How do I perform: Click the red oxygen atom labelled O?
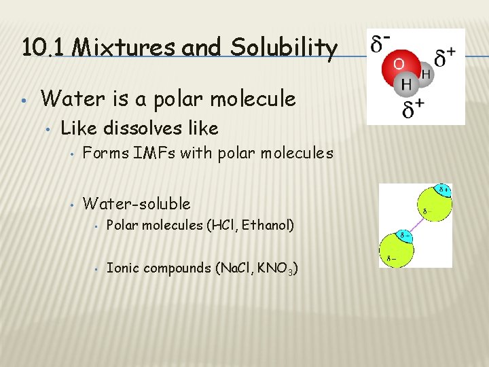[x=399, y=65]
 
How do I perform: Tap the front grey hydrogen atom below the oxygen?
[x=407, y=85]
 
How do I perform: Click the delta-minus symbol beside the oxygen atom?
[x=380, y=46]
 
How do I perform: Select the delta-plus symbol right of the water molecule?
[x=445, y=57]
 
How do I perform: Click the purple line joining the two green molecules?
[x=417, y=220]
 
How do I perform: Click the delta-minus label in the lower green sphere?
[x=391, y=258]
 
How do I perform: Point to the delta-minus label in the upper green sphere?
[x=429, y=211]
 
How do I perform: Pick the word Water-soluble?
[x=137, y=203]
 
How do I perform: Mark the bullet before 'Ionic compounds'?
[x=97, y=269]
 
